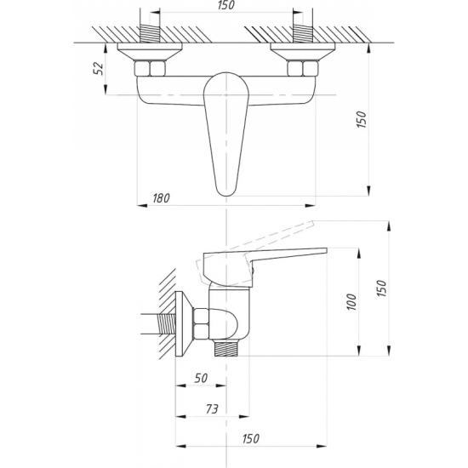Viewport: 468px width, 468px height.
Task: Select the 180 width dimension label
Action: [161, 198]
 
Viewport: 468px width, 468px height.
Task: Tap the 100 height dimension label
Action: [352, 302]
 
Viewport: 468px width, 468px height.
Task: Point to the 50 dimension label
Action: [201, 379]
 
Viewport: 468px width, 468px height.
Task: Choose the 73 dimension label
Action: [212, 409]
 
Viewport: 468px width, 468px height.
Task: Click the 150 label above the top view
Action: [226, 5]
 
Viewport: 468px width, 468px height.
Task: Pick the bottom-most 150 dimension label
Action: [251, 439]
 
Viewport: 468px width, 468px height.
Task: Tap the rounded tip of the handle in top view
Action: [226, 196]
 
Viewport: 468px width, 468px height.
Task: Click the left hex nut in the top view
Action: [150, 68]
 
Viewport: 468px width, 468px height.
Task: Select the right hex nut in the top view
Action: [302, 68]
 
